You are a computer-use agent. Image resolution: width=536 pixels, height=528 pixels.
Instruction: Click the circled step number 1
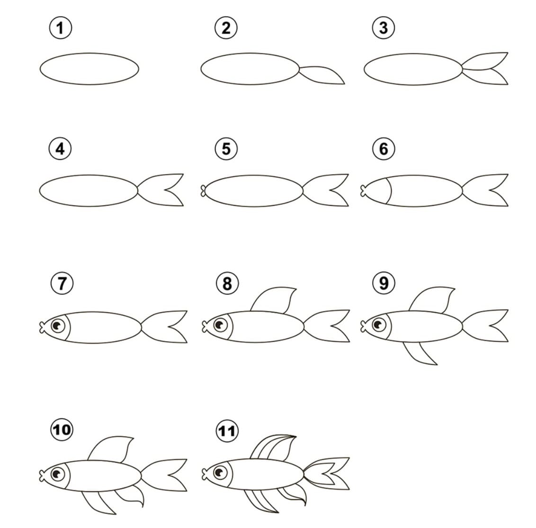coord(60,28)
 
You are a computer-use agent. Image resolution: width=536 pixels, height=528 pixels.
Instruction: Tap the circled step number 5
coord(226,149)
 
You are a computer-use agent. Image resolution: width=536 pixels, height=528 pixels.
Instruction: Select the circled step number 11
coord(227,431)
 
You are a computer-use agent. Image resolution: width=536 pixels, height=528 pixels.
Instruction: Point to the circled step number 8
coord(227,283)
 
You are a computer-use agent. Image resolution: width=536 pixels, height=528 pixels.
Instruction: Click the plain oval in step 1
coord(89,69)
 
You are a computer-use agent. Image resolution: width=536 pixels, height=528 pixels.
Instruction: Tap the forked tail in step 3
coord(485,69)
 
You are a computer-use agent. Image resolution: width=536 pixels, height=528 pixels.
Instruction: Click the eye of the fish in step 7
coord(58,326)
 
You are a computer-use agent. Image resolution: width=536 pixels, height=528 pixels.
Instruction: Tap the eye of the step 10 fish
coord(58,474)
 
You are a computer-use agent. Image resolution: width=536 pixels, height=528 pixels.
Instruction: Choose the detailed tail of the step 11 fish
coord(327,473)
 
